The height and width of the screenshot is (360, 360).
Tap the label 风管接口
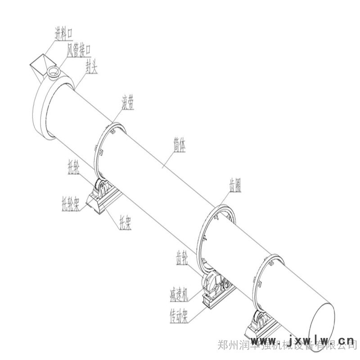79,49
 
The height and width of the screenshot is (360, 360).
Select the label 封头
92,67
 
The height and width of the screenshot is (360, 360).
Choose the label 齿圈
234,185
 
